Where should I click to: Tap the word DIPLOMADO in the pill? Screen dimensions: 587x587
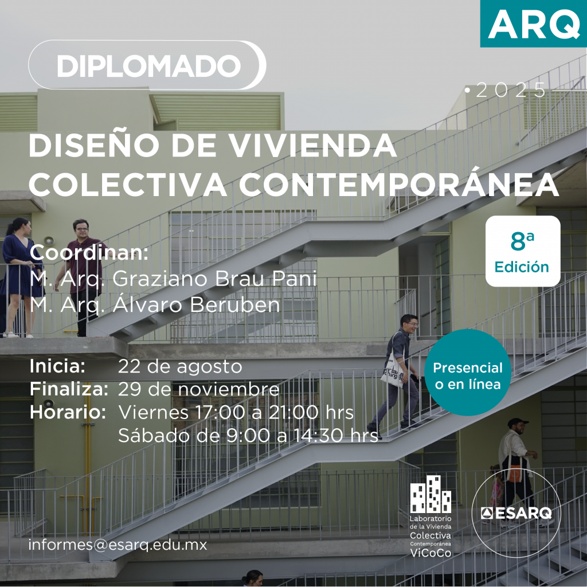point(148,66)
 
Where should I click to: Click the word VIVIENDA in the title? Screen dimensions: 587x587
point(312,145)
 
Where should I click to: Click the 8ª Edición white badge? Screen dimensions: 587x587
point(523,251)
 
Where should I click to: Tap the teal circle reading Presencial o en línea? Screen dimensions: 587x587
point(468,373)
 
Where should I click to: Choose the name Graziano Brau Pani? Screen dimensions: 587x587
point(214,279)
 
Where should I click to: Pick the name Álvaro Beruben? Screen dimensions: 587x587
point(196,305)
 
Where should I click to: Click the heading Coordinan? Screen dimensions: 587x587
point(89,253)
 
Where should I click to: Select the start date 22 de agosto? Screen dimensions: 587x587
point(180,367)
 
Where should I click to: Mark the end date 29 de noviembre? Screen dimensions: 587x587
point(199,389)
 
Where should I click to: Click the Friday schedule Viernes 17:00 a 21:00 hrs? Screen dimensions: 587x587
point(236,413)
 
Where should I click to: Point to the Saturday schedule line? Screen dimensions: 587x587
point(248,436)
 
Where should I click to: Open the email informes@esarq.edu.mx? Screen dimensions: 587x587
point(118,545)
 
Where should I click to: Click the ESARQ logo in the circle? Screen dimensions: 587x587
point(516,513)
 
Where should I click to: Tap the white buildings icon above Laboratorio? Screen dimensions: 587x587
point(431,494)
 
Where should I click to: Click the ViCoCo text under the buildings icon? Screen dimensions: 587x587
point(431,553)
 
